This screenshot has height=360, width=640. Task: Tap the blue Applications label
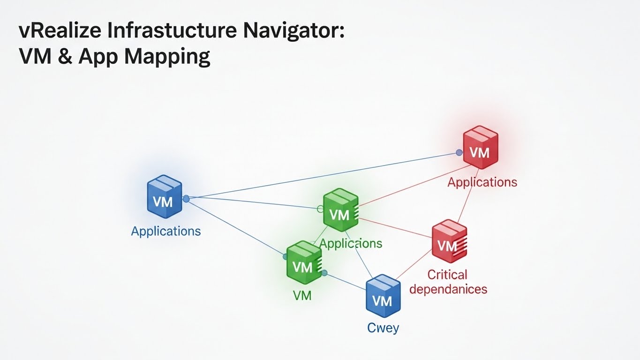[166, 231]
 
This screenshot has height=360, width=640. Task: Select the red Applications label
[482, 182]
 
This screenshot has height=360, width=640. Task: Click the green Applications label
[351, 244]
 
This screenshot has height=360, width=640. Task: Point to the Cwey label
[383, 327]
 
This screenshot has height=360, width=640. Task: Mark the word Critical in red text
[447, 275]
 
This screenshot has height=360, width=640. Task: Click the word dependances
[448, 289]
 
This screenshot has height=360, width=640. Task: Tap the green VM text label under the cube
[302, 295]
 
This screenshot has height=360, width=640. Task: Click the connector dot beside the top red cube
[459, 152]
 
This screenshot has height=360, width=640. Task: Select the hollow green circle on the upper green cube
[321, 209]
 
